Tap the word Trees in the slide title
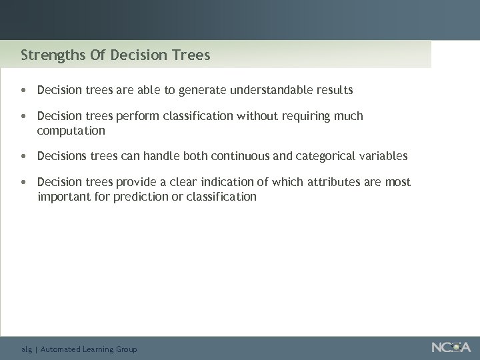click(191, 55)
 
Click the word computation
click(71, 130)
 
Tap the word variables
click(383, 156)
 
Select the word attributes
click(335, 182)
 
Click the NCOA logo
click(450, 347)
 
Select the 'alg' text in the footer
click(27, 349)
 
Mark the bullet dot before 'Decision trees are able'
click(24, 89)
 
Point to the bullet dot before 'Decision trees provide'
click(24, 182)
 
